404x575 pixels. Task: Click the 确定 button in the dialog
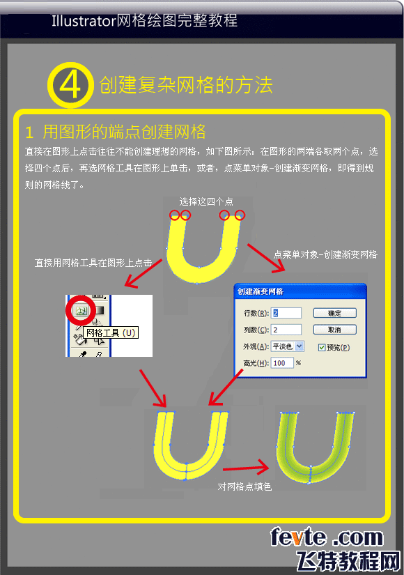coord(334,313)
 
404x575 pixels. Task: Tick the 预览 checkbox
coord(321,347)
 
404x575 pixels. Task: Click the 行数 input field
coord(287,313)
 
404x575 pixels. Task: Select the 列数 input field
coord(287,329)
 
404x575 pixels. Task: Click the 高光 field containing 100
coord(282,362)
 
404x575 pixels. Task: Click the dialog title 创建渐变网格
coord(265,291)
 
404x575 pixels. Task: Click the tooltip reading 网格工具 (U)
coord(110,332)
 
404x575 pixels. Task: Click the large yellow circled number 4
coord(70,84)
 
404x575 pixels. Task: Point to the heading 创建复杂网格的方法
coord(186,85)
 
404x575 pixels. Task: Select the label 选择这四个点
coord(206,201)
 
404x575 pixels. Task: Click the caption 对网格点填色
coord(244,486)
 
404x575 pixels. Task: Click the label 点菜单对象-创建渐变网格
coord(325,254)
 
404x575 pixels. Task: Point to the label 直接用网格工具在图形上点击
coord(93,263)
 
